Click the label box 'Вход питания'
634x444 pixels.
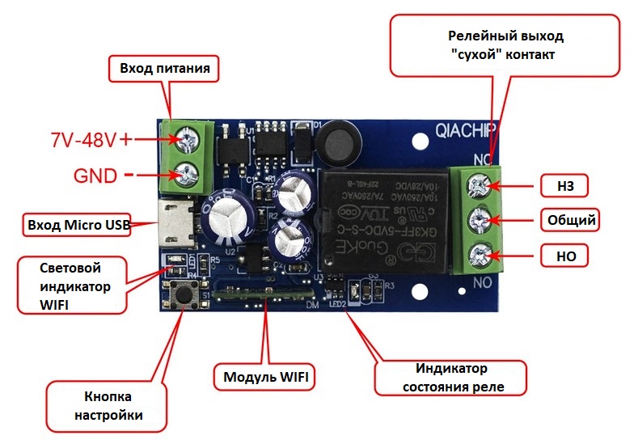165,69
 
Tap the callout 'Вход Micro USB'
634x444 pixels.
78,225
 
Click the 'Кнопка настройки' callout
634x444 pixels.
108,406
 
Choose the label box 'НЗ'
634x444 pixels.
565,187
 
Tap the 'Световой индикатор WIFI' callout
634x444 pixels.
72,285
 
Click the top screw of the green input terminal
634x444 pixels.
191,141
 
